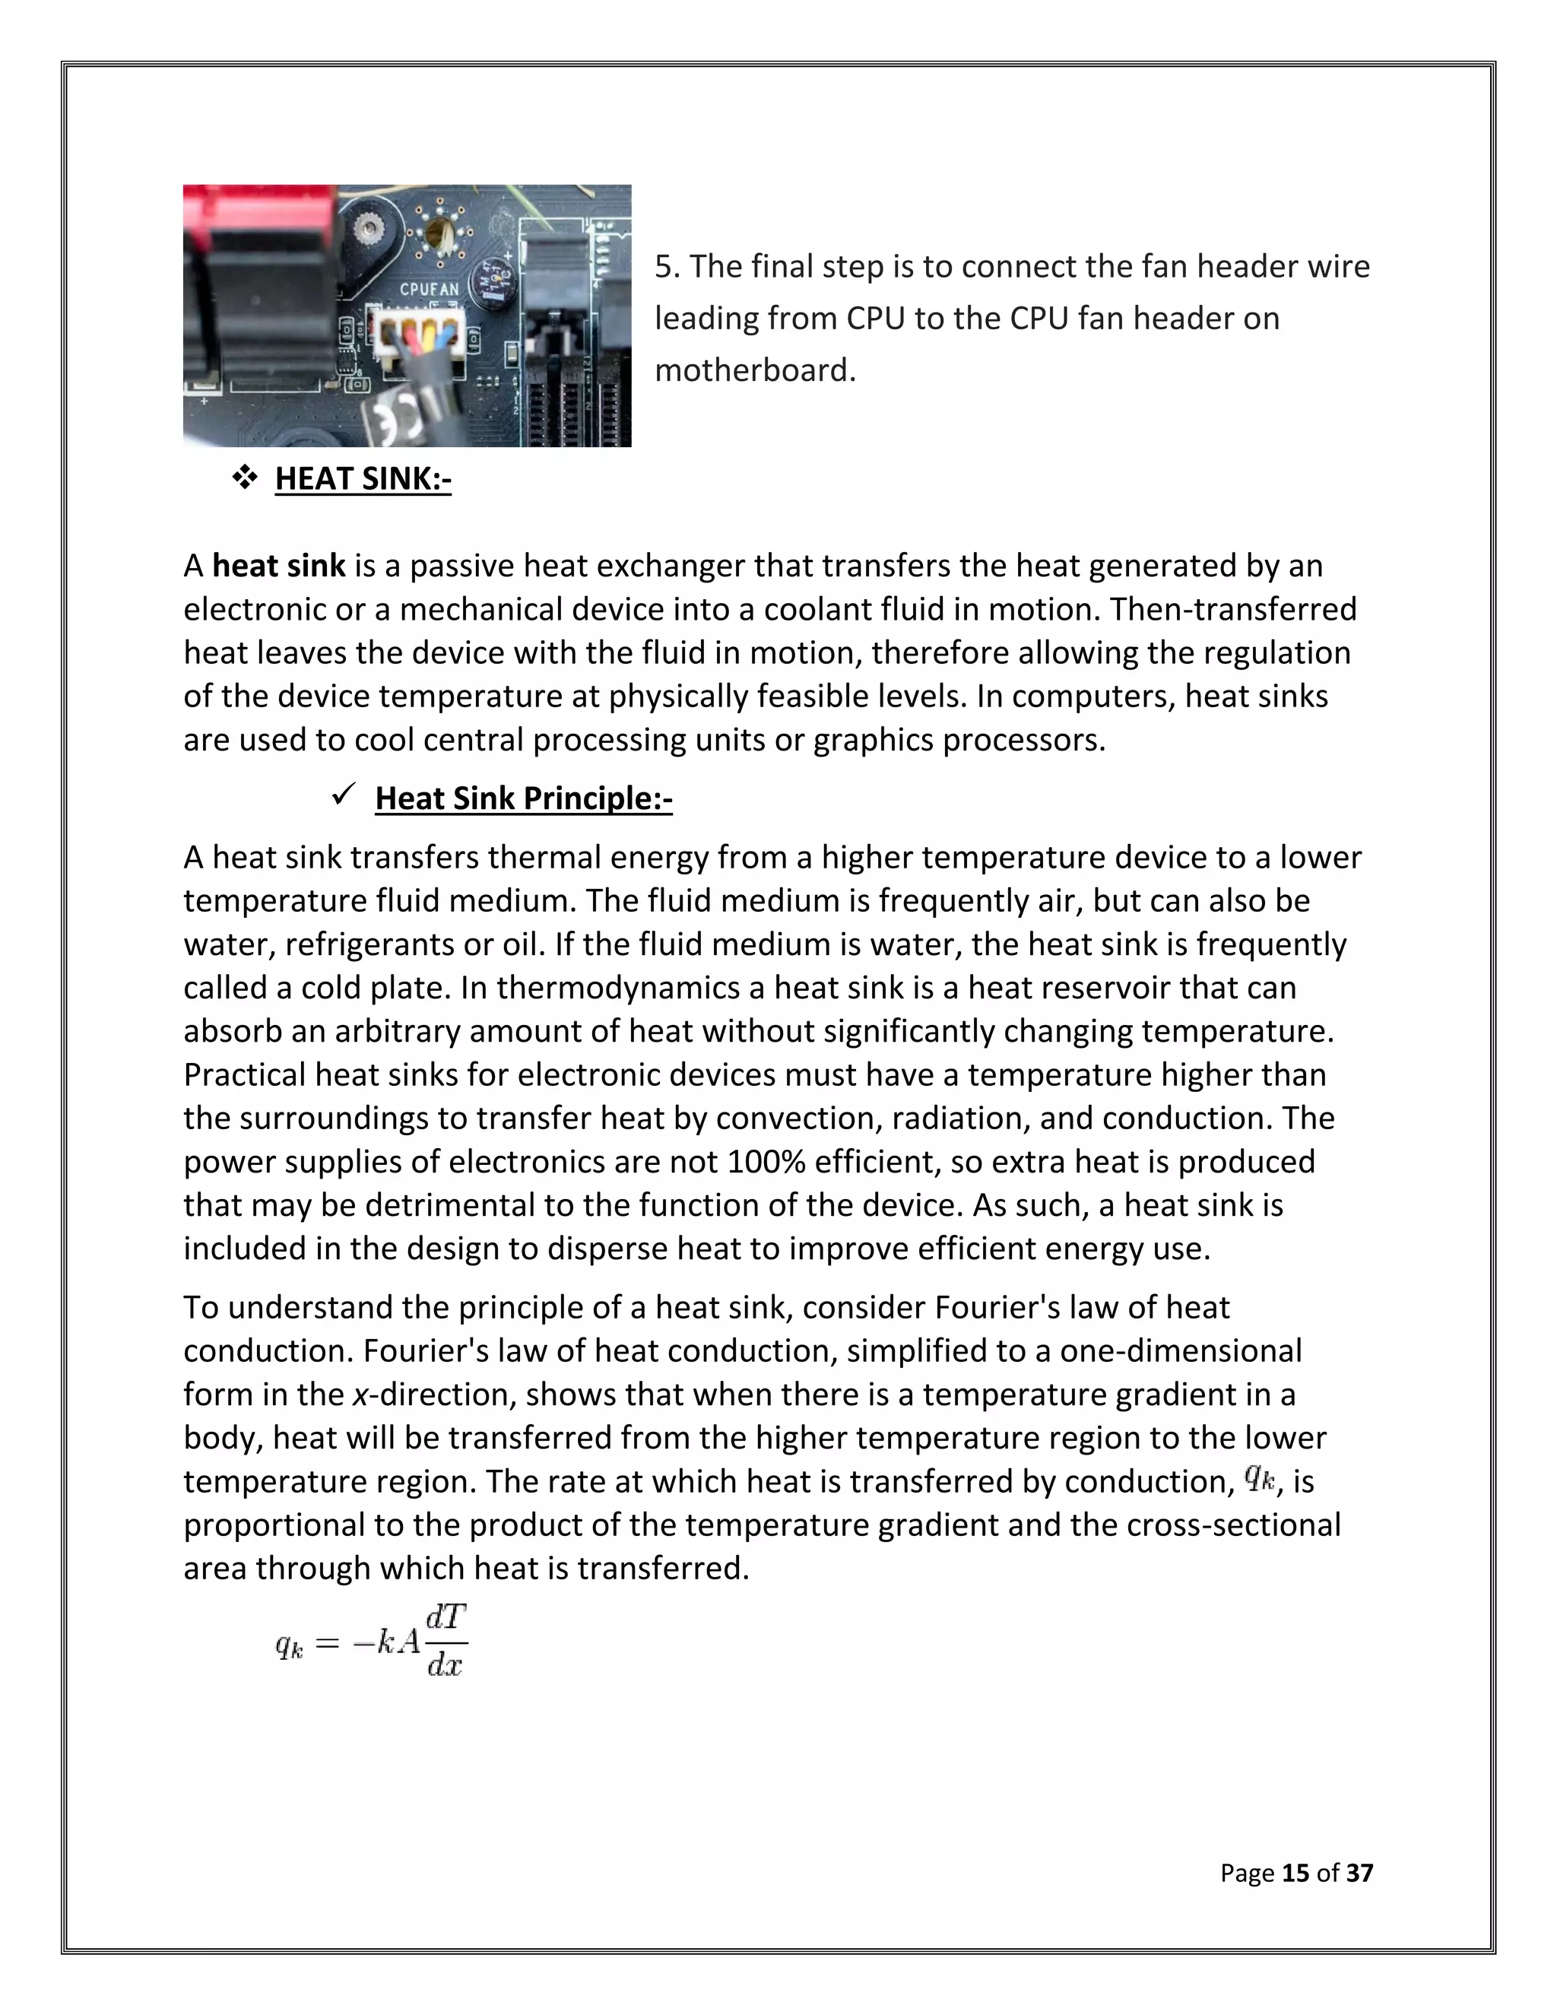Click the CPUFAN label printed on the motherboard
pyautogui.click(x=428, y=290)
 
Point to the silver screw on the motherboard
pyautogui.click(x=371, y=227)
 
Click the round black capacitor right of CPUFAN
pyautogui.click(x=490, y=278)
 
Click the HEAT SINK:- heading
pyautogui.click(x=363, y=479)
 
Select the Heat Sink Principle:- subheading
pyautogui.click(x=523, y=798)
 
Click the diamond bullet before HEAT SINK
pyautogui.click(x=245, y=478)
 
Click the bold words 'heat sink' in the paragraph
pyautogui.click(x=278, y=566)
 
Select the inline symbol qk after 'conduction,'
pyautogui.click(x=1259, y=1479)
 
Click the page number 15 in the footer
pyautogui.click(x=1295, y=1872)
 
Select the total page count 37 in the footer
pyautogui.click(x=1359, y=1872)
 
